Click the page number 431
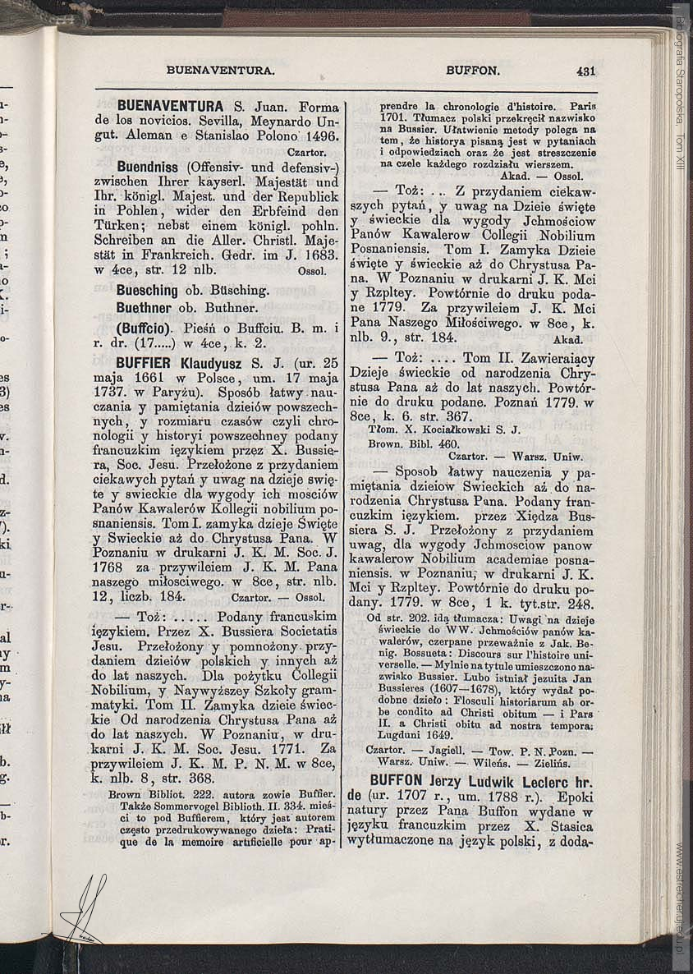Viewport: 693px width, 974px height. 585,71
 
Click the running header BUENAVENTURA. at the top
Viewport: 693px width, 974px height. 220,71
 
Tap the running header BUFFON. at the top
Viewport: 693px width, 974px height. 472,71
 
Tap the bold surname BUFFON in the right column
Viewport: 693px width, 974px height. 406,780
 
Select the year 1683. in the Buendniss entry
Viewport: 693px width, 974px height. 318,255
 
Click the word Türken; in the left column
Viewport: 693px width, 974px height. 118,226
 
